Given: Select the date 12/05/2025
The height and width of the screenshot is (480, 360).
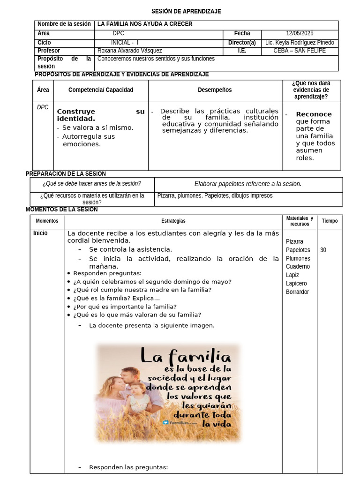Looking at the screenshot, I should [x=300, y=33].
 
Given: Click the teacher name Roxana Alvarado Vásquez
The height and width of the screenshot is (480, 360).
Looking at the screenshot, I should [x=130, y=51].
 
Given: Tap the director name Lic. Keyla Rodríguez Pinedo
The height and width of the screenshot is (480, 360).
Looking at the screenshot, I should [x=300, y=42].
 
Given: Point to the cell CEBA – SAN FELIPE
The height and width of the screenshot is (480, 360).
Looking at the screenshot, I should [x=300, y=51].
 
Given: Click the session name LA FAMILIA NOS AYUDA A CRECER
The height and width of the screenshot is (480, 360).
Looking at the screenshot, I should [x=145, y=24].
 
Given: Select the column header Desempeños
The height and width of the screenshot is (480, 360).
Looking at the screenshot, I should [x=215, y=90].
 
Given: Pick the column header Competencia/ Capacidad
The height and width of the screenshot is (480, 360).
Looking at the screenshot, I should [x=101, y=90].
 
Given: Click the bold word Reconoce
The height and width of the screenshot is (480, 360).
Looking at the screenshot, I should [x=314, y=114].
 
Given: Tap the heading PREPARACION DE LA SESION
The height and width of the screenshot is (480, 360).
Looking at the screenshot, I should [x=66, y=174].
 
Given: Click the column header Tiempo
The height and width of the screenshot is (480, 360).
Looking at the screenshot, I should [x=330, y=221].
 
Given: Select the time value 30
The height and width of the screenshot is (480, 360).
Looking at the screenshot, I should [x=323, y=250].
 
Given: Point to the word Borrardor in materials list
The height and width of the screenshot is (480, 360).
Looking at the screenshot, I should [x=298, y=292].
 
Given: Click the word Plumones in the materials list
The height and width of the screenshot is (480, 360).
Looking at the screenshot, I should [x=298, y=258].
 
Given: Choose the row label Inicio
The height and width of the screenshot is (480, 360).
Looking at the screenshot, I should [x=40, y=233].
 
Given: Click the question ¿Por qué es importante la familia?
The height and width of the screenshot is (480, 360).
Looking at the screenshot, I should [x=125, y=307].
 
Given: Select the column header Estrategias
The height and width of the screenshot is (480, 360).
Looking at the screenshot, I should [x=173, y=221].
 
